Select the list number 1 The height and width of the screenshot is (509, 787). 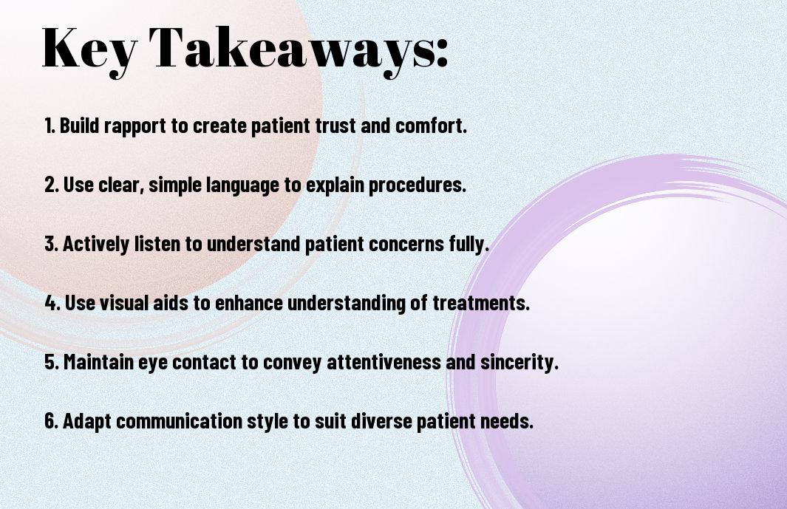coord(50,126)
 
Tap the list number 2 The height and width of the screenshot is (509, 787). coord(51,185)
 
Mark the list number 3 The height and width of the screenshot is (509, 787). coord(51,244)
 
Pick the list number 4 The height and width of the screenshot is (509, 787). coord(52,303)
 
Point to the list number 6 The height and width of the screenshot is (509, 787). coord(51,421)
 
